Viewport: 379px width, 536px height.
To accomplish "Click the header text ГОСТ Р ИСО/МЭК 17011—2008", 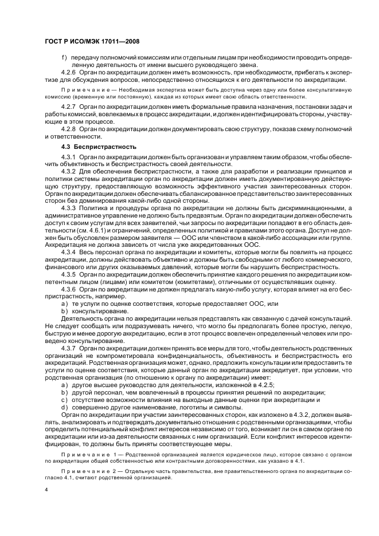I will point(92,43).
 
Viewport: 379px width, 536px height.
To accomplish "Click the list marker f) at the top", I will point(64,58).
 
